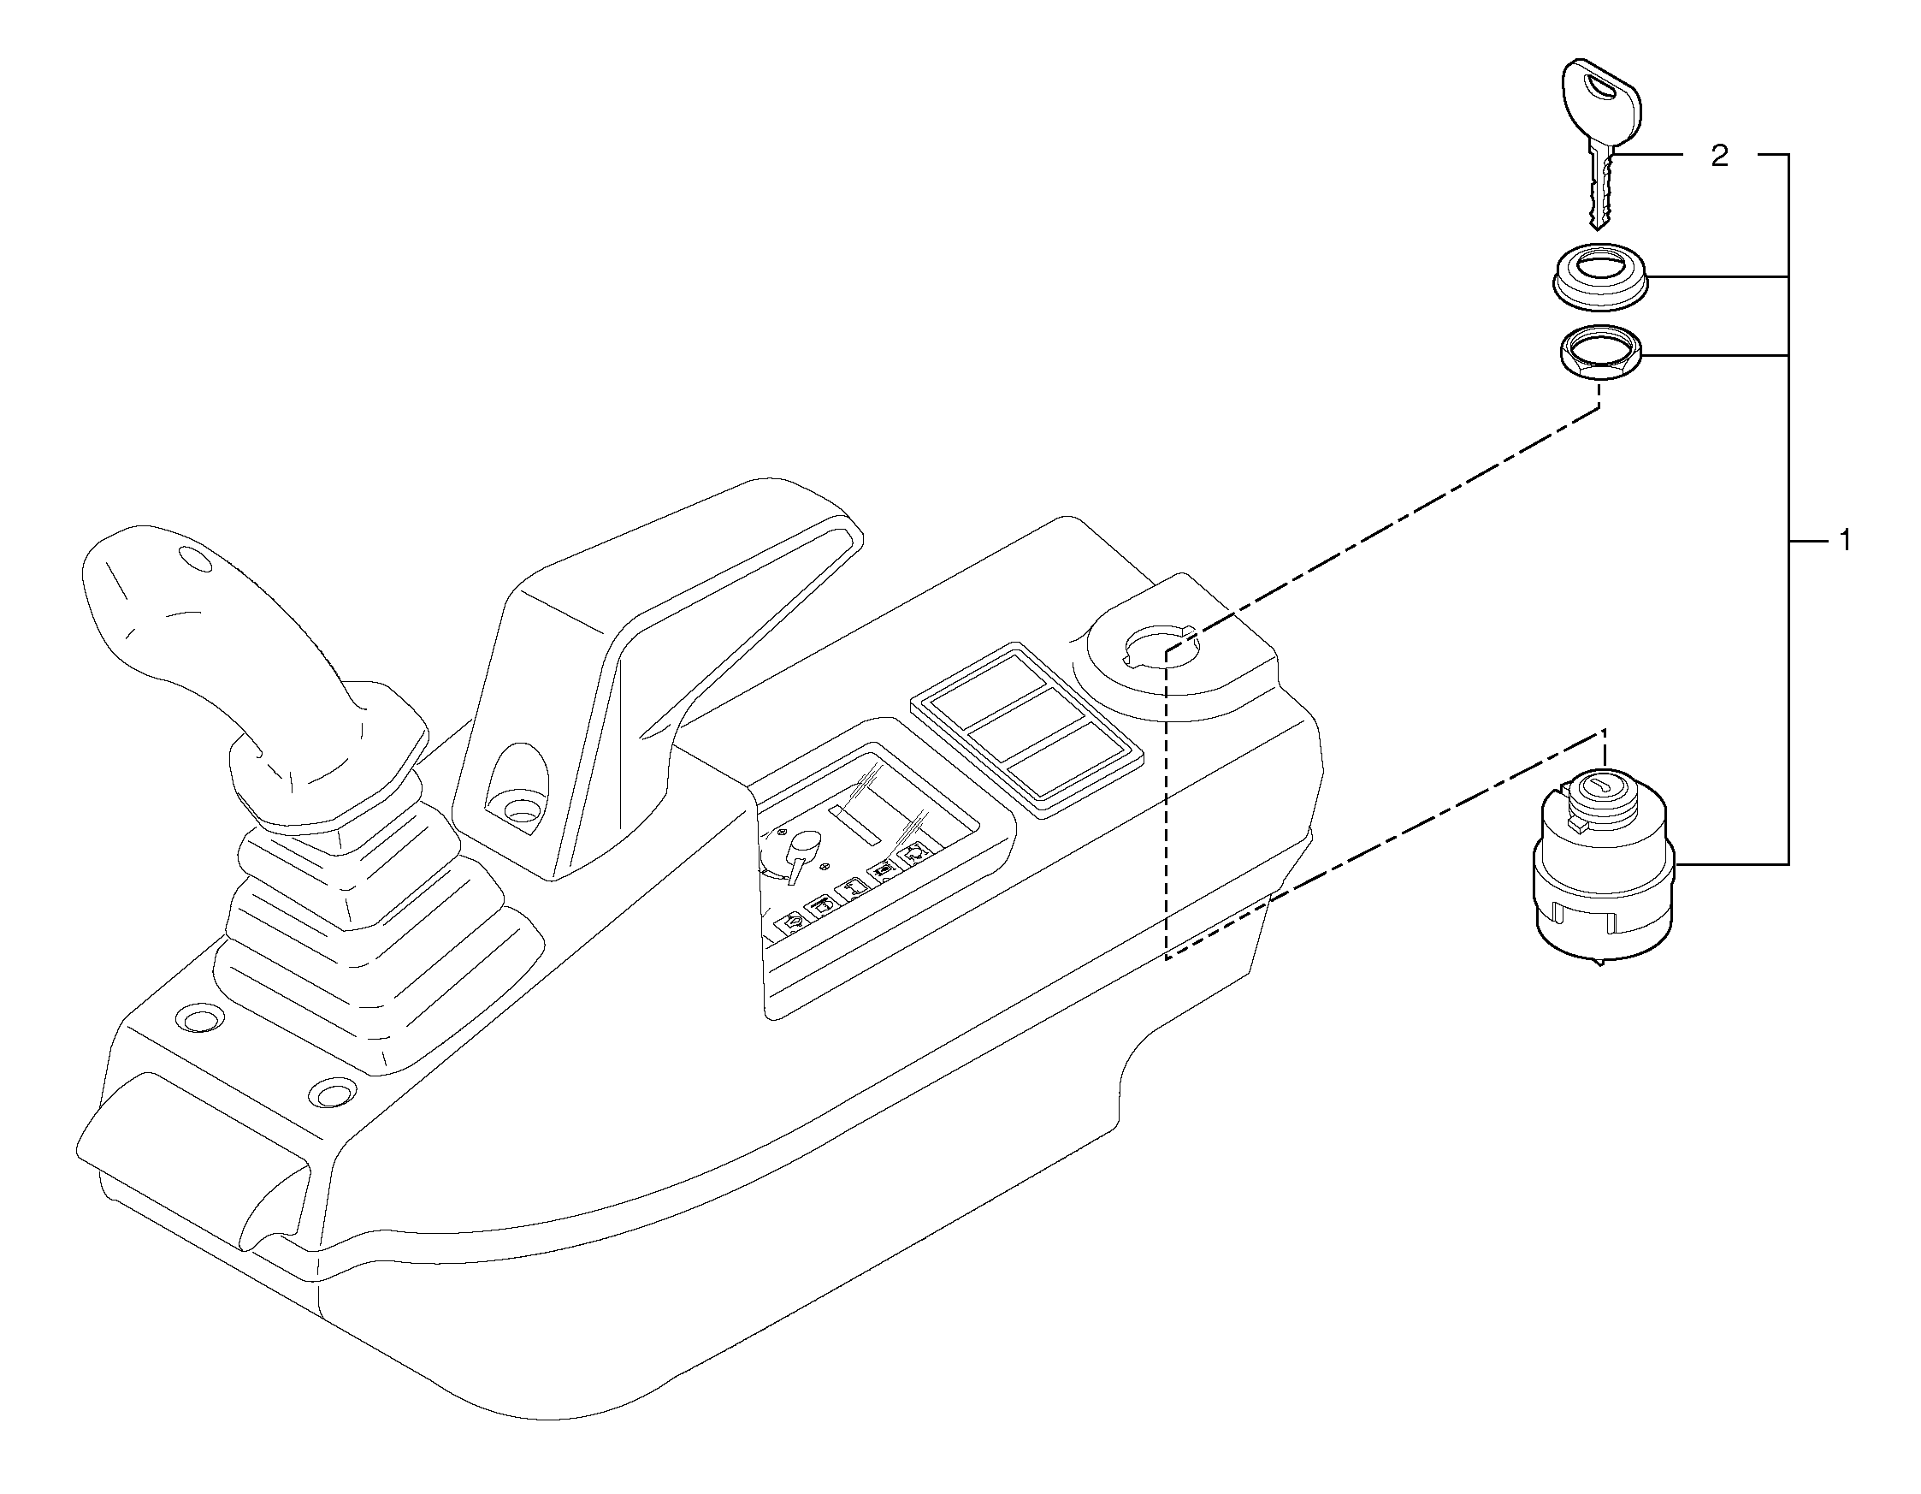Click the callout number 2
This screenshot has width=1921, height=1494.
1718,157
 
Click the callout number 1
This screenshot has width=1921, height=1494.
1846,541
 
